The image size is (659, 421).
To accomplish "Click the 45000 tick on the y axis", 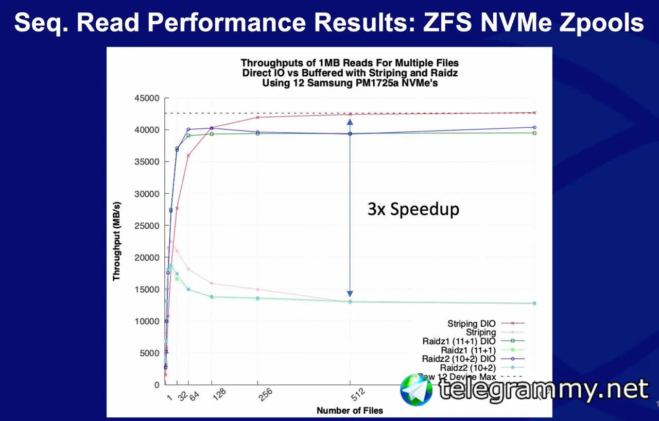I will pyautogui.click(x=147, y=98).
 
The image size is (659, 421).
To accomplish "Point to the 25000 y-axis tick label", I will pyautogui.click(x=147, y=226).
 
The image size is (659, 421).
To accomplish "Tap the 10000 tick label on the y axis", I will pyautogui.click(x=147, y=321).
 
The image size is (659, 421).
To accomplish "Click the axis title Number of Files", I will pyautogui.click(x=350, y=411).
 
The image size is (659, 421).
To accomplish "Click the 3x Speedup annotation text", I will pyautogui.click(x=413, y=209).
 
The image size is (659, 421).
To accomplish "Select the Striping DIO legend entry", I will pyautogui.click(x=472, y=324).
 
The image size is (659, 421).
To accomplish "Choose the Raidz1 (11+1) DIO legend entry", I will pyautogui.click(x=459, y=341).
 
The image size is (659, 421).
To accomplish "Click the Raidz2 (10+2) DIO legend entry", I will pyautogui.click(x=459, y=359).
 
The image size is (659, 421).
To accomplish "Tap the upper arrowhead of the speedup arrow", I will pyautogui.click(x=350, y=123).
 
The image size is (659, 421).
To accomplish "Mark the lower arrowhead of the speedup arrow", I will pyautogui.click(x=350, y=293).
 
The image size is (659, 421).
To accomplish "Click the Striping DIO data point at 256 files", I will pyautogui.click(x=257, y=117).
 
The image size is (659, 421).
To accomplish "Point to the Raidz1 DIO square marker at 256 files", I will pyautogui.click(x=257, y=133).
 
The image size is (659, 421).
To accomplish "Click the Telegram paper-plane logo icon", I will pyautogui.click(x=417, y=390).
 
